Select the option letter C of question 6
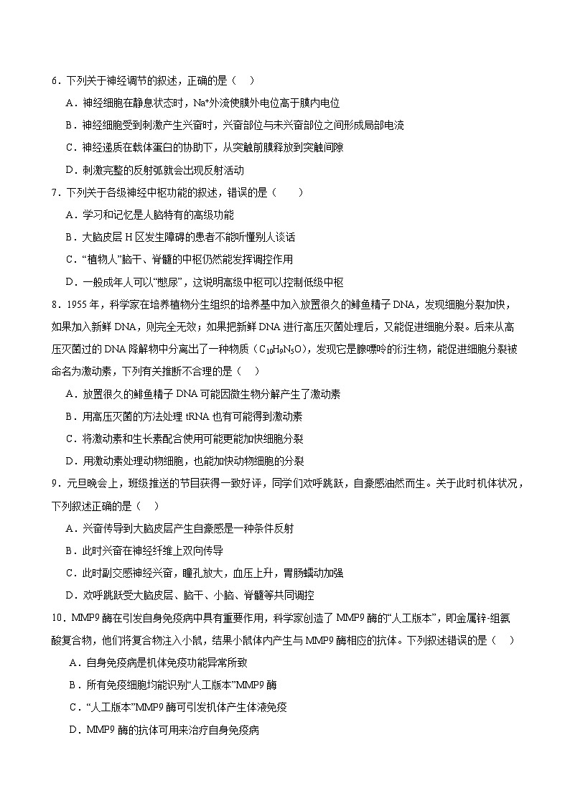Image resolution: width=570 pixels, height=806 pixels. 69,148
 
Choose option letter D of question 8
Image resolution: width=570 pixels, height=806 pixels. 69,461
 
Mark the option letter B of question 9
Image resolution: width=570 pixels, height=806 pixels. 69,550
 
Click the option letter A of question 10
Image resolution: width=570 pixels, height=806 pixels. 73,662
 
